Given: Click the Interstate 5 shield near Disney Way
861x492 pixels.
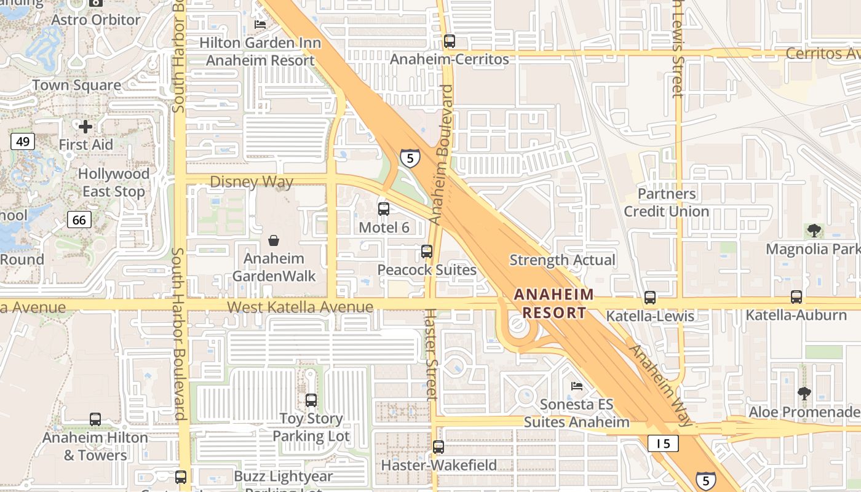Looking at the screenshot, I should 410,157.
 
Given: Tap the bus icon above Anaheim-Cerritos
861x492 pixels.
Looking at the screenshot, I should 450,41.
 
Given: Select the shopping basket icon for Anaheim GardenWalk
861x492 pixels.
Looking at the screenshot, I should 274,240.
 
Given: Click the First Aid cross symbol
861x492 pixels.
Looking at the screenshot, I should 85,127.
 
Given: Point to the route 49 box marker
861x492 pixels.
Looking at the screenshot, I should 23,142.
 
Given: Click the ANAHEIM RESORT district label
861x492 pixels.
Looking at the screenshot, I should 554,303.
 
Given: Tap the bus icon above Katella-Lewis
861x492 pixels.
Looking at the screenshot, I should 650,298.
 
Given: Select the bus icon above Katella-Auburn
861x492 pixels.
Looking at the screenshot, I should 796,297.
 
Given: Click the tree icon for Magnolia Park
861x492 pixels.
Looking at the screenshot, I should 814,231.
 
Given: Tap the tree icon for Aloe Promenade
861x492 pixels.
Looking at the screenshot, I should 803,394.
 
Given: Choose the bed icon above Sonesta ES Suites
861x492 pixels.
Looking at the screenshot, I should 577,386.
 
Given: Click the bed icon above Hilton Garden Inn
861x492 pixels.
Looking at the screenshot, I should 260,25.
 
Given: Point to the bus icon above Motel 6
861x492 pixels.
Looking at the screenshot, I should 384,209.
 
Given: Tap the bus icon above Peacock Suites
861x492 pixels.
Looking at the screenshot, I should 427,252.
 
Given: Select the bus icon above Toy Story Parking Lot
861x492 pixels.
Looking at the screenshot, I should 311,400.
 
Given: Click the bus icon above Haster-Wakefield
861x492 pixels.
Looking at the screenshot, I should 438,447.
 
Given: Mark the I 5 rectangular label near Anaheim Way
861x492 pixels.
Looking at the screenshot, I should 663,443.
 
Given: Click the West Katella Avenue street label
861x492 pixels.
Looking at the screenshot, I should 300,307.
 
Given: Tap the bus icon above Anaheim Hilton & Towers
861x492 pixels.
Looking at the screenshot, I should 95,419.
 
